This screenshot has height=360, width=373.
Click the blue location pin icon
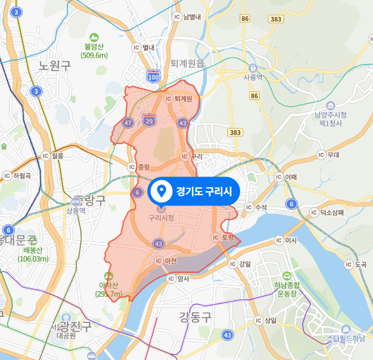click(162, 191)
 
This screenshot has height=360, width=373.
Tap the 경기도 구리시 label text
click(204, 191)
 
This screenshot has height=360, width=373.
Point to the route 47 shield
click(127, 123)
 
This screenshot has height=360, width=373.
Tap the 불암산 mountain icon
click(94, 38)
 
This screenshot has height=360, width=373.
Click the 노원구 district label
click(54, 66)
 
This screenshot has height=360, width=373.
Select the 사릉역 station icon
click(253, 68)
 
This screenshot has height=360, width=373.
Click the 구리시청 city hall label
click(161, 218)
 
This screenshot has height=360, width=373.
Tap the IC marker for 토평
click(216, 237)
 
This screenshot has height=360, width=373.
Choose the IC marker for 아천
click(158, 261)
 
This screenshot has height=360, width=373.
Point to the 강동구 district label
click(196, 318)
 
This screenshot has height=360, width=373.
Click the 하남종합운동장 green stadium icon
click(286, 276)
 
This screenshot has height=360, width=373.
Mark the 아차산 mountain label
click(109, 285)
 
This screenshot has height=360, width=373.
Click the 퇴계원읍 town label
click(187, 64)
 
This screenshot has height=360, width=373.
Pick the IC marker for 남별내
click(177, 17)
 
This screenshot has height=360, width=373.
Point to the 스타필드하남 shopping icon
click(345, 329)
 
